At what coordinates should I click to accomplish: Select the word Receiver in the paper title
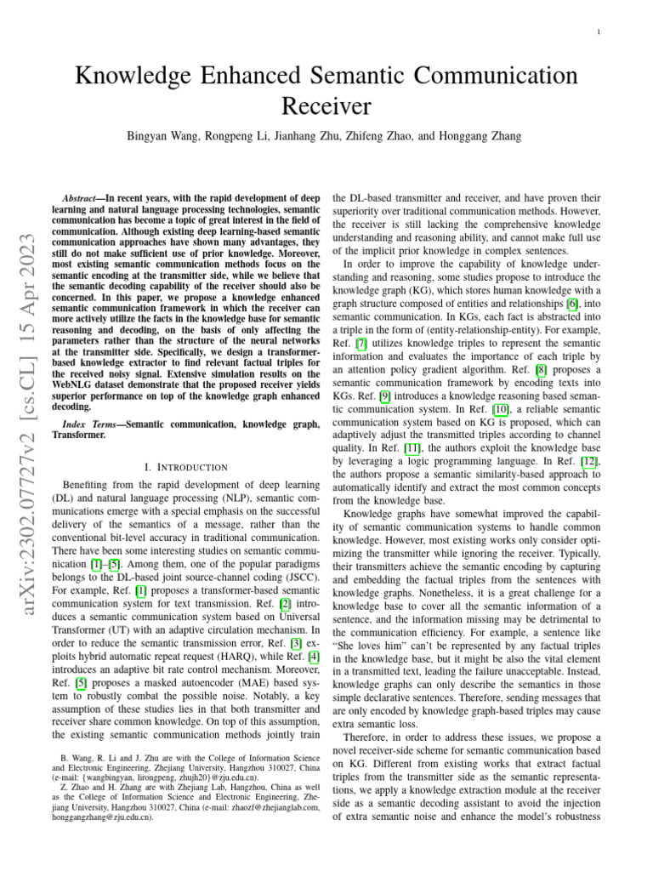point(326,106)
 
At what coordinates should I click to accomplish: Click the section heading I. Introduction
point(186,467)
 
